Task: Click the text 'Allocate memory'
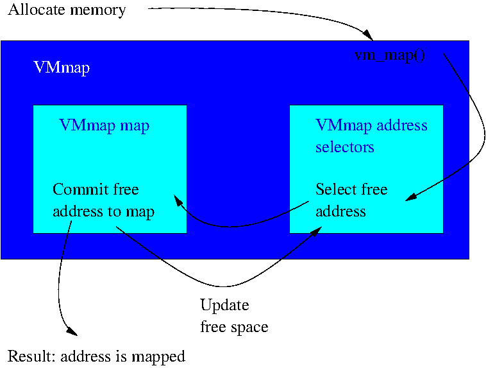coord(67,10)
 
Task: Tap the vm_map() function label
coord(390,55)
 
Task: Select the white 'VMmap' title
coord(61,68)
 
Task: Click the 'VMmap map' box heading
coord(104,125)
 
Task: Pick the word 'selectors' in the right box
coord(344,147)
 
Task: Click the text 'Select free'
coord(351,189)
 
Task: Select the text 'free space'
coord(234,327)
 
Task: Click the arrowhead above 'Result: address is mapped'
coord(72,333)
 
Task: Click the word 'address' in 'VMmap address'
coord(402,125)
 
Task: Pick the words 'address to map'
coord(103,211)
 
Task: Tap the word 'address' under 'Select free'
coord(340,211)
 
